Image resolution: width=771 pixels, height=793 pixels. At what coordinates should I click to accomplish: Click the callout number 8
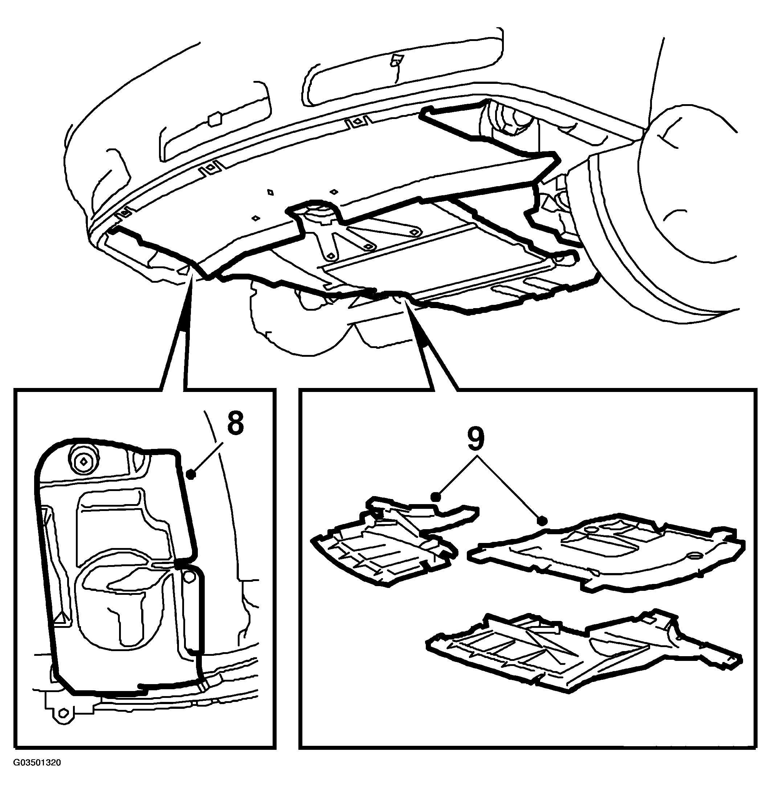pyautogui.click(x=235, y=424)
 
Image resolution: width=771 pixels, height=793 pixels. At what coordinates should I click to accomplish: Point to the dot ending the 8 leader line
pyautogui.click(x=192, y=474)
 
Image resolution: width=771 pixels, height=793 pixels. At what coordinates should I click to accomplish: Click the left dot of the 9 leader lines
pyautogui.click(x=435, y=497)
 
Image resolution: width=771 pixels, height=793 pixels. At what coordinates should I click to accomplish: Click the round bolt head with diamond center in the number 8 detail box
pyautogui.click(x=83, y=461)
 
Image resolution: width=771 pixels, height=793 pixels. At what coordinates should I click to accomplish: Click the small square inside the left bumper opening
pyautogui.click(x=213, y=119)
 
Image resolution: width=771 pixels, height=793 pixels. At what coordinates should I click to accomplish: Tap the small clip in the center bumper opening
pyautogui.click(x=395, y=60)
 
